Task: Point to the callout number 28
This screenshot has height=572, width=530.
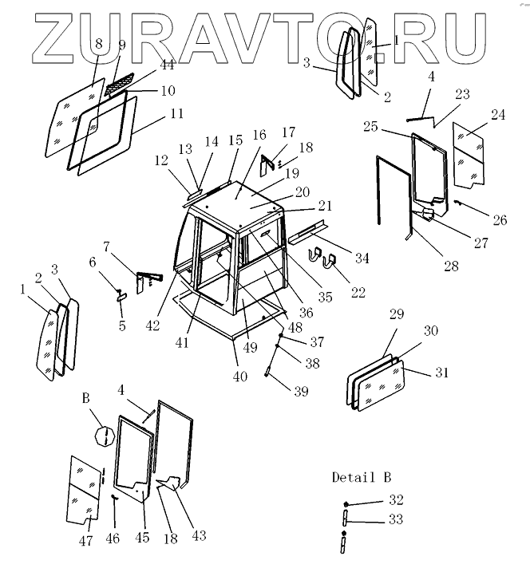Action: pos(452,266)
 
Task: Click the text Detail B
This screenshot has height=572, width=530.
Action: pos(362,478)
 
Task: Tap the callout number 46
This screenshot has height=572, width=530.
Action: pos(113,540)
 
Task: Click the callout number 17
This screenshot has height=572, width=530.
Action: pos(287,132)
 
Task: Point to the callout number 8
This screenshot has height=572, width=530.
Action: pos(98,45)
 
